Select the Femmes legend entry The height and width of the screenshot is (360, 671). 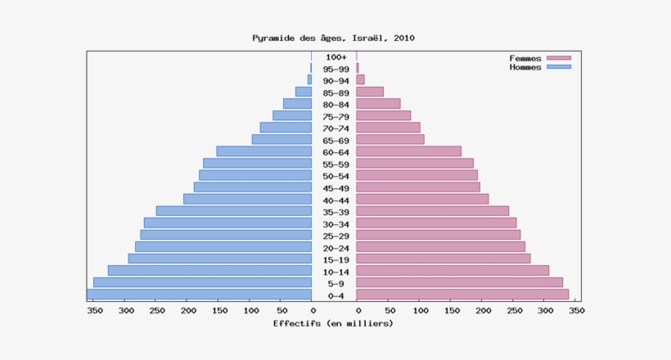click(539, 58)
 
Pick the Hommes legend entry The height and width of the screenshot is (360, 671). click(539, 67)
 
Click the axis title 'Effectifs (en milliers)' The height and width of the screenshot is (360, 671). click(333, 323)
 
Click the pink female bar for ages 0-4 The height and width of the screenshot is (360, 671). click(462, 295)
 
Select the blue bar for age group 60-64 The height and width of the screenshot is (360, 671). click(263, 151)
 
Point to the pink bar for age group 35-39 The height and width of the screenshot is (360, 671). click(433, 211)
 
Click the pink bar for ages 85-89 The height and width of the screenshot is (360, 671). click(370, 92)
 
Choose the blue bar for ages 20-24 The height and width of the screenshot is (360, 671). click(223, 246)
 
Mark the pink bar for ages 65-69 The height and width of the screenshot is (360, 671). click(390, 139)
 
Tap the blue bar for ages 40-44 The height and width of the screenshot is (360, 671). click(247, 199)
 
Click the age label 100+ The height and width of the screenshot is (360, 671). click(335, 57)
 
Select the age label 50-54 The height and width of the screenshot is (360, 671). click(335, 176)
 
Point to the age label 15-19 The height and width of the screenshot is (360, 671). click(335, 259)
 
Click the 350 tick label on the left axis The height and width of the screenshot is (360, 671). click(94, 311)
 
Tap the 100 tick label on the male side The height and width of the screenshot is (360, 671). click(250, 311)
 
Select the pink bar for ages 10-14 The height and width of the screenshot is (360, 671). click(453, 270)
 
